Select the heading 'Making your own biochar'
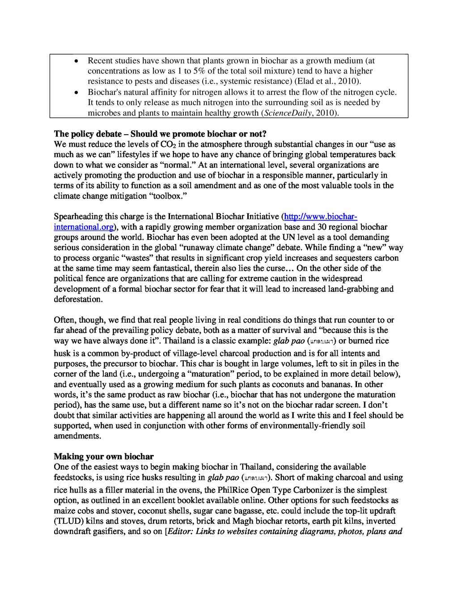[103, 456]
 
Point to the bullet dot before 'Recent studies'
[77, 61]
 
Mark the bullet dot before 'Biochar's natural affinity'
[77, 92]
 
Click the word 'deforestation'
[78, 299]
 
